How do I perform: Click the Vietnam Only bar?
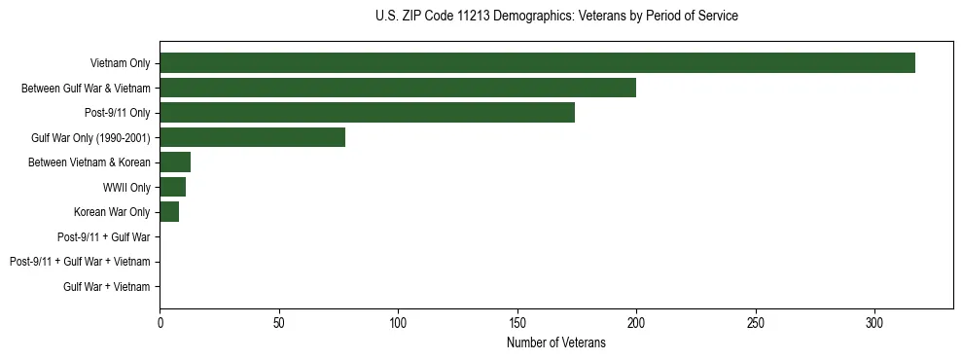[537, 63]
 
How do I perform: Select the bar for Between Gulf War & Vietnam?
[398, 88]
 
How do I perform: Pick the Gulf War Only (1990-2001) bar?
[252, 137]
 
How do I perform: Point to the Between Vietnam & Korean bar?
[175, 162]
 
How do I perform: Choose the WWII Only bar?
[172, 187]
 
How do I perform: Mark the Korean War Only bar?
[169, 212]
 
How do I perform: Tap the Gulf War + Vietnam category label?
[107, 287]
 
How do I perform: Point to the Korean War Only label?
[112, 212]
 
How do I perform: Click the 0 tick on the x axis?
[160, 322]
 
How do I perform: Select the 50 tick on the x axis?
[278, 322]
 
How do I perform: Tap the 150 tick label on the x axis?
[517, 322]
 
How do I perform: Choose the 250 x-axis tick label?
[755, 322]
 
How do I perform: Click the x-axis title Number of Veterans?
[555, 342]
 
